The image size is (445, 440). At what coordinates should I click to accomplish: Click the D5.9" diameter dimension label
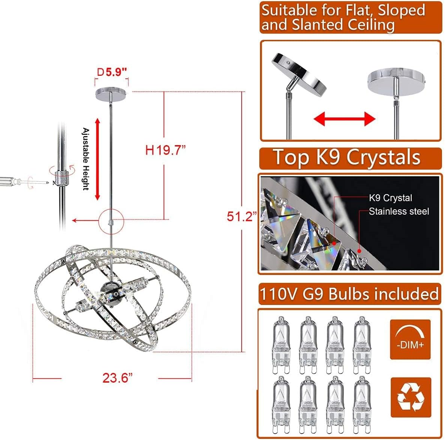pyautogui.click(x=112, y=72)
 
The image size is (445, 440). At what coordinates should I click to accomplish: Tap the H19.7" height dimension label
pyautogui.click(x=165, y=151)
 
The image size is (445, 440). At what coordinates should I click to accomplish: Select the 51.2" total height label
pyautogui.click(x=242, y=216)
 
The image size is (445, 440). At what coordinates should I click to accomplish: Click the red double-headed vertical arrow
pyautogui.click(x=97, y=159)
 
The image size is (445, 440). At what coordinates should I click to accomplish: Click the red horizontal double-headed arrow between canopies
pyautogui.click(x=344, y=120)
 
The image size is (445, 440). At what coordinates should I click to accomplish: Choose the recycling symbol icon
pyautogui.click(x=410, y=397)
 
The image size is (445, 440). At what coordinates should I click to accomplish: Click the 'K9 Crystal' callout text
pyautogui.click(x=390, y=198)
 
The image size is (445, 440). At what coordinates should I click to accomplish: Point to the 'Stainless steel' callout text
pyautogui.click(x=398, y=212)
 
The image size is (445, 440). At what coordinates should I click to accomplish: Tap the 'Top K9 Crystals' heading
pyautogui.click(x=346, y=158)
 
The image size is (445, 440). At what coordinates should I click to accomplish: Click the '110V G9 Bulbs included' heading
pyautogui.click(x=349, y=294)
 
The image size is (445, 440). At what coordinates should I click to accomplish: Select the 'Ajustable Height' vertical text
pyautogui.click(x=86, y=159)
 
